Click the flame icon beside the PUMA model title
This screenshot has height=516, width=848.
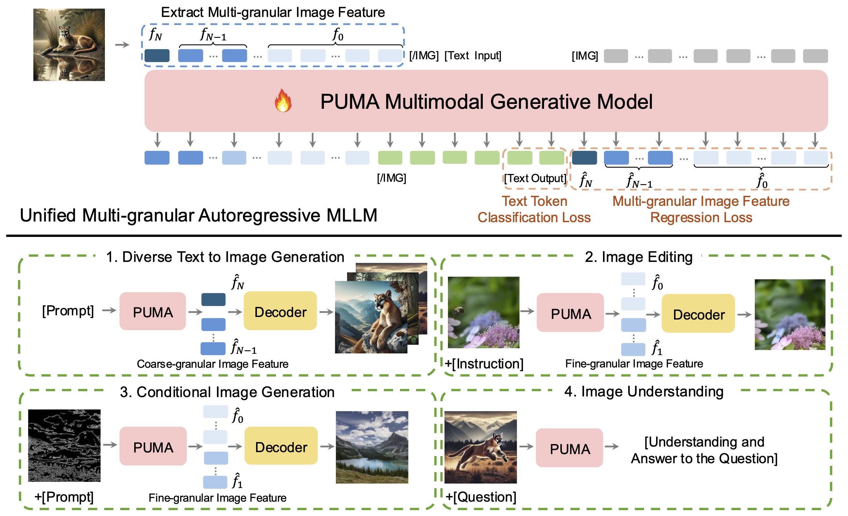283,101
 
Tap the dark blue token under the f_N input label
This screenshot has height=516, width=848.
157,55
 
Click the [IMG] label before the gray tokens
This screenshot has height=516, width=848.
585,56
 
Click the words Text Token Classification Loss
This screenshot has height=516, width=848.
534,209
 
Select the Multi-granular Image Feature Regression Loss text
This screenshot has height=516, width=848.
701,209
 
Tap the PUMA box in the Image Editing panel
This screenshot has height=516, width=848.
570,313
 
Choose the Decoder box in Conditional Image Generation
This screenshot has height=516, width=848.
281,447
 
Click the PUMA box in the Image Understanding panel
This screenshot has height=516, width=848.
569,448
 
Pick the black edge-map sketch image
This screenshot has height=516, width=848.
65,445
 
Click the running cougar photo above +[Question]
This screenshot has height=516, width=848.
481,447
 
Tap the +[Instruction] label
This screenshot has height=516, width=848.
484,364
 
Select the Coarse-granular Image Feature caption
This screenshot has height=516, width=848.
212,364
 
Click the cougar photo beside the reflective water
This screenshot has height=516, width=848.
69,45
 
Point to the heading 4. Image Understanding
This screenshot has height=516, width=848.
643,392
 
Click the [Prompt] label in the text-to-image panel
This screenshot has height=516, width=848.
68,310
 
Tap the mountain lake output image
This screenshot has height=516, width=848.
372,447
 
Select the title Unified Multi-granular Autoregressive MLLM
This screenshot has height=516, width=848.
199,215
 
